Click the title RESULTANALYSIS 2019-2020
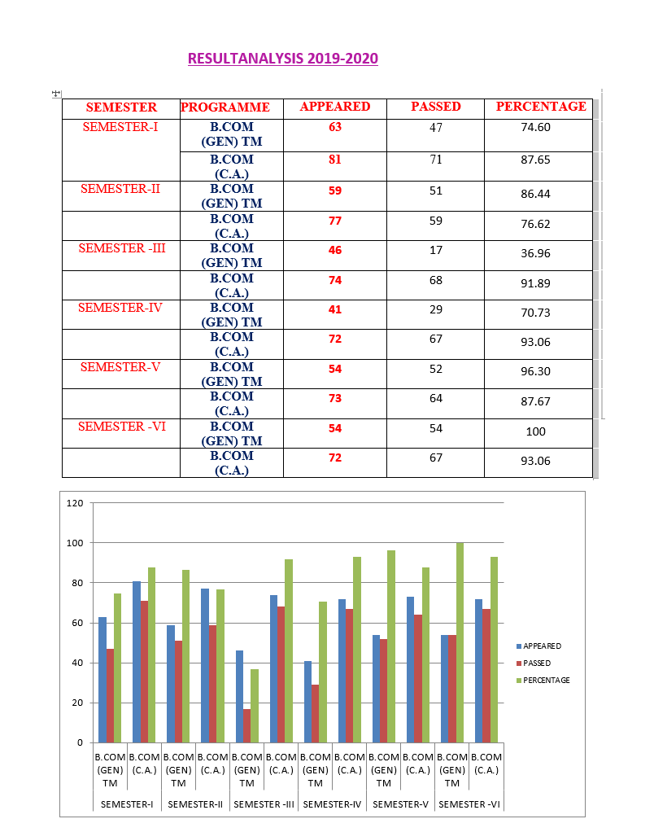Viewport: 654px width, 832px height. (x=282, y=59)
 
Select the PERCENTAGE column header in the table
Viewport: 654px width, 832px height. (x=541, y=107)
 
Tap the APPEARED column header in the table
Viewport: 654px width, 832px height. (x=334, y=107)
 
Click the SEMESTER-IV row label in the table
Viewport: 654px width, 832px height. (x=120, y=308)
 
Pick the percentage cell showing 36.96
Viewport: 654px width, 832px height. (x=535, y=253)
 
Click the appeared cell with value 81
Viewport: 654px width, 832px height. (x=334, y=160)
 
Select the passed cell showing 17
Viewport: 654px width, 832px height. (x=436, y=251)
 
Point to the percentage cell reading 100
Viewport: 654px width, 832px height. (x=535, y=431)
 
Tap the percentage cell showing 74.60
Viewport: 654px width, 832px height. (x=535, y=127)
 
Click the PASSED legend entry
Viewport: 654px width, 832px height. (x=537, y=663)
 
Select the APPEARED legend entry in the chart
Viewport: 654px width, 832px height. (x=542, y=646)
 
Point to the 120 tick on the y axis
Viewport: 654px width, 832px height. (x=75, y=503)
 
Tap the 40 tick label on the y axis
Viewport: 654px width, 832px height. (x=77, y=663)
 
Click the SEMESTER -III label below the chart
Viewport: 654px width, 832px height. (x=264, y=804)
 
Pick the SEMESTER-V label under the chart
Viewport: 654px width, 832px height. (x=400, y=804)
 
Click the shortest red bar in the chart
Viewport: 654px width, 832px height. (x=246, y=725)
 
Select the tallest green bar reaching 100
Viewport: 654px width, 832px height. (x=460, y=642)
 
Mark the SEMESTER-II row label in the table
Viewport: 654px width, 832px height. (x=120, y=189)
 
